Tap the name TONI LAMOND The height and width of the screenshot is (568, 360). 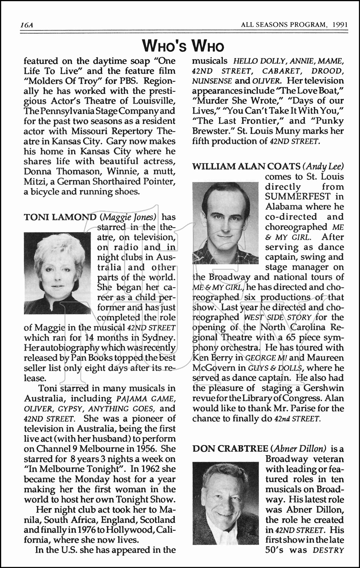pos(60,217)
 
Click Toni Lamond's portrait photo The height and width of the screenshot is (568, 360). pos(58,273)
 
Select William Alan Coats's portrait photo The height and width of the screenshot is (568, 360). pos(226,223)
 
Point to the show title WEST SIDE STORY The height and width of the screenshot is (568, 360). pos(278,317)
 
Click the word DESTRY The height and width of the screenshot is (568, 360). pos(328,550)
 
